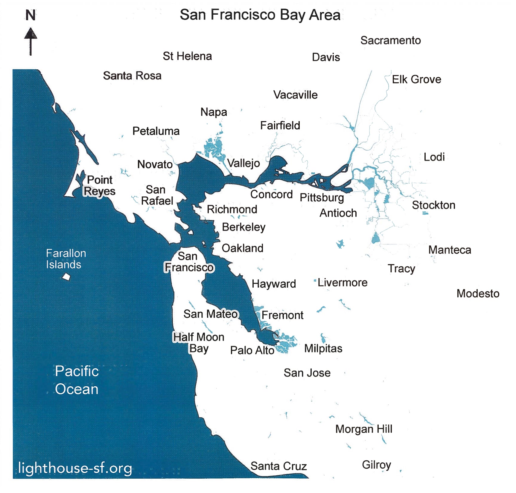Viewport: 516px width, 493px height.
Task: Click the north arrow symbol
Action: pos(31,41)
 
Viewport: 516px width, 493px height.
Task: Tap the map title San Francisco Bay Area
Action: pos(260,15)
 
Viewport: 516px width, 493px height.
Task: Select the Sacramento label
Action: pos(390,40)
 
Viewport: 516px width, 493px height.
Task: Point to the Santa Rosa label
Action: pos(132,76)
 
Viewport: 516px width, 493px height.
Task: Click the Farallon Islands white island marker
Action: pos(66,277)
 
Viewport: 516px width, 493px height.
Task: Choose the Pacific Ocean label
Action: pos(77,380)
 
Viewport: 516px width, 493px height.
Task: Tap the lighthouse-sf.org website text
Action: pos(75,468)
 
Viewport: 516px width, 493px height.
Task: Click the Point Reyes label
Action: pos(99,185)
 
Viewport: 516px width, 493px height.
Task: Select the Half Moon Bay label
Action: pos(199,343)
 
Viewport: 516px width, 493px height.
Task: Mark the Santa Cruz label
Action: pos(278,466)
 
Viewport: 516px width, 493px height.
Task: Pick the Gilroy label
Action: pos(376,465)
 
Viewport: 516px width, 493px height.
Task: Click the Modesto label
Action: pos(478,294)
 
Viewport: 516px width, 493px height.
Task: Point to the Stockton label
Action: pos(433,205)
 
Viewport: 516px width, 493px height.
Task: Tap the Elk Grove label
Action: pos(416,80)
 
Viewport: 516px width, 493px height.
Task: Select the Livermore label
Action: pos(342,283)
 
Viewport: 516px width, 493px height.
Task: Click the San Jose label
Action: pos(307,373)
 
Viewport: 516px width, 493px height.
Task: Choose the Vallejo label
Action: pos(243,163)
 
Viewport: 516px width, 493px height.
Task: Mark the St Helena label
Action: pos(187,56)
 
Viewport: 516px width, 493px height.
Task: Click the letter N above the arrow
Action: pos(31,15)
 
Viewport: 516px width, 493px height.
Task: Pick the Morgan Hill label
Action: pos(363,429)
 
